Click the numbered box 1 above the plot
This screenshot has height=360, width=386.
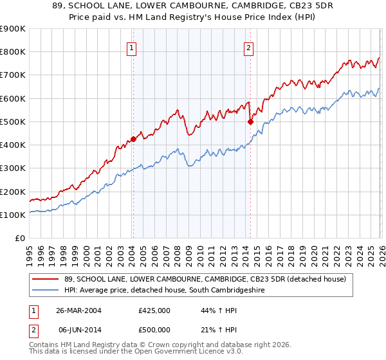point(131,47)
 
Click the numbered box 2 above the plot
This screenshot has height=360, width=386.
point(248,47)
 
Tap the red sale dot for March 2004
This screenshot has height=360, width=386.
point(133,138)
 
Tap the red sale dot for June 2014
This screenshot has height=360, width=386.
point(250,121)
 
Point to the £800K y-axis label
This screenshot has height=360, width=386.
point(13,52)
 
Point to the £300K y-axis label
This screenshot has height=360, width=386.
point(13,168)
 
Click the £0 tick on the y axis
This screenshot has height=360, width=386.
point(21,239)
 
